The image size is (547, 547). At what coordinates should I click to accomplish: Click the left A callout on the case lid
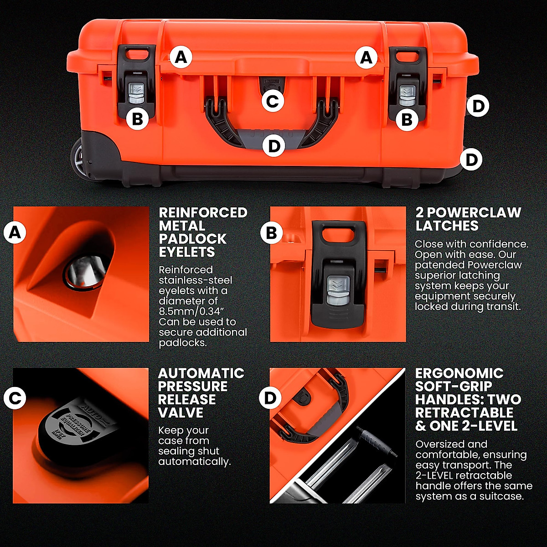[181, 58]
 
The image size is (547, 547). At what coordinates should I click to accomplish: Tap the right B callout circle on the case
[407, 119]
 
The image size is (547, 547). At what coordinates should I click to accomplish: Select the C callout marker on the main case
[273, 101]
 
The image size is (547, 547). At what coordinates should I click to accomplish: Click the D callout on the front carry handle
[273, 146]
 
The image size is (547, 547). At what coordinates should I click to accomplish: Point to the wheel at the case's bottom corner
[77, 160]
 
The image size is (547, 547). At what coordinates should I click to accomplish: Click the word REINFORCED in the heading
[203, 213]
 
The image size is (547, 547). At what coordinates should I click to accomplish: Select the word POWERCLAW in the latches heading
[480, 213]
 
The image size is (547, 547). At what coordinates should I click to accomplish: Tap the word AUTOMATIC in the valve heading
[201, 373]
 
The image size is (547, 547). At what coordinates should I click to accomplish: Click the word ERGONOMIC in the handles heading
[459, 373]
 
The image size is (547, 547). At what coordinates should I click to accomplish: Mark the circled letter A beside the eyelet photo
[15, 233]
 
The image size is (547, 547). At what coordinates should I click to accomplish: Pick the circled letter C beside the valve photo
[15, 398]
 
